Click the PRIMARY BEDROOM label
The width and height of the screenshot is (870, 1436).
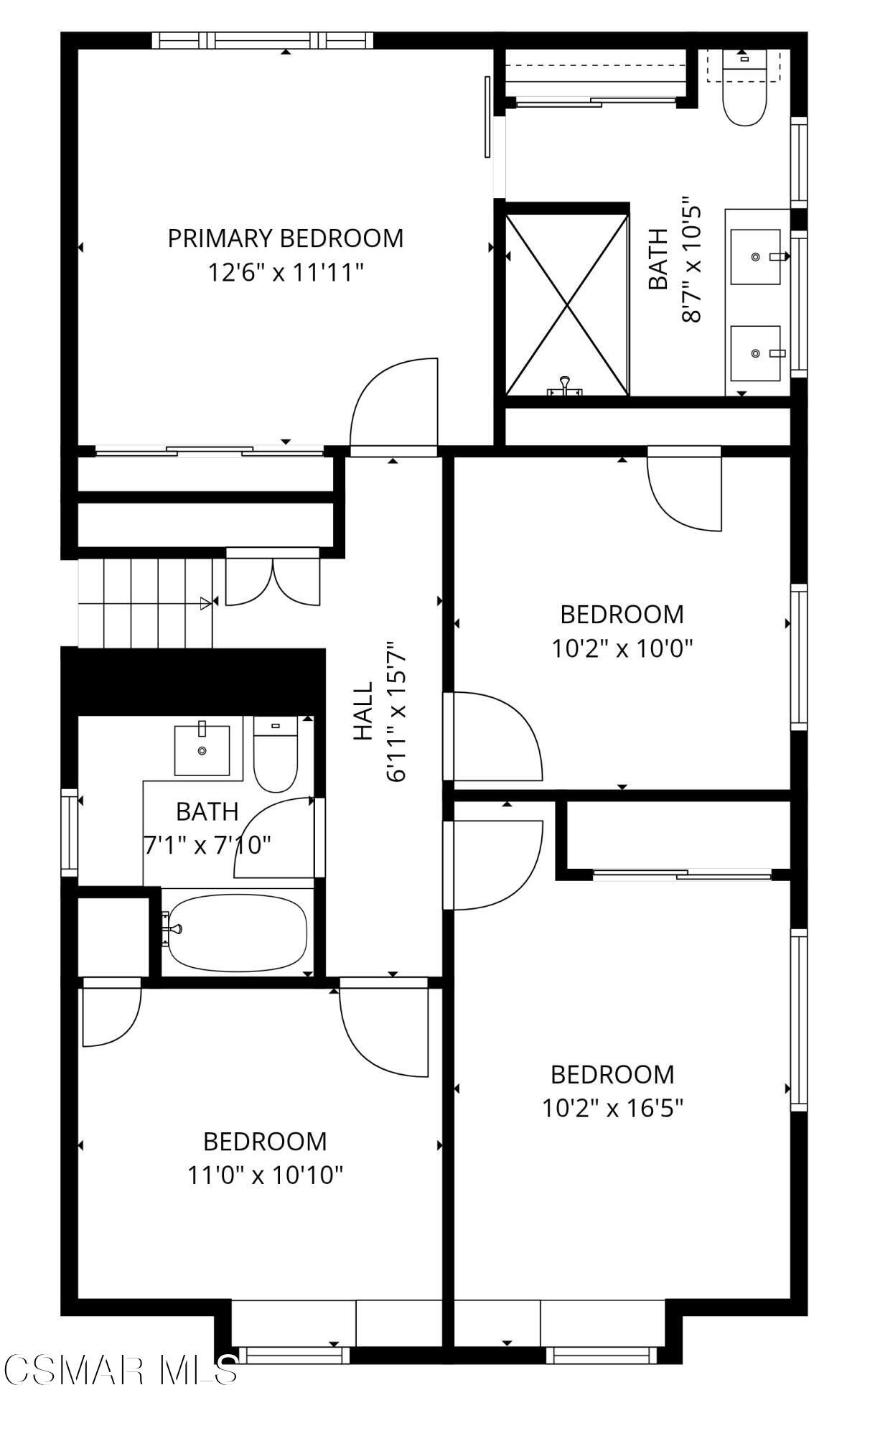point(286,238)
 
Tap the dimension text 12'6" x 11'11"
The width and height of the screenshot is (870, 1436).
point(286,273)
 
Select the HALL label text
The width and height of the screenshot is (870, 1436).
point(364,711)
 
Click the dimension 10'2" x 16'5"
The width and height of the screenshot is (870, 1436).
point(612,1109)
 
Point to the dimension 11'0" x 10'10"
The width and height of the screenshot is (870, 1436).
point(265,1175)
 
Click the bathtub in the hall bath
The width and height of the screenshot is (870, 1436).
point(237,932)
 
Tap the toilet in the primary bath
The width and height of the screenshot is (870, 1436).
point(744,88)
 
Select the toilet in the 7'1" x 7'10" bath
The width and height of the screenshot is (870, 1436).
point(276,754)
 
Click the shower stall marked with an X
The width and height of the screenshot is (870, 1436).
point(567,304)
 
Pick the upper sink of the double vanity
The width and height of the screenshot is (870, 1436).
point(756,256)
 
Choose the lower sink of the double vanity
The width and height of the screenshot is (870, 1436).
point(756,353)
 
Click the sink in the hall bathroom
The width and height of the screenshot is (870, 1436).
point(202,750)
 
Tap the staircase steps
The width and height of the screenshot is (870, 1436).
point(146,603)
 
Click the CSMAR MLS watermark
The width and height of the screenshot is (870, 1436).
point(120,1369)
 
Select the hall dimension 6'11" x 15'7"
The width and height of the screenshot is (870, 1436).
point(398,711)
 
